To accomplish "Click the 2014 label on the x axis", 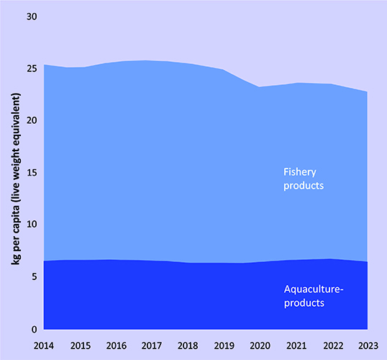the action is [44, 346].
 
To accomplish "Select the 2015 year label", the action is [81, 346].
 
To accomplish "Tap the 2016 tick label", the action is [117, 346].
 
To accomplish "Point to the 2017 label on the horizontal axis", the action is [152, 346].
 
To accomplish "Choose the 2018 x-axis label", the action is [188, 346].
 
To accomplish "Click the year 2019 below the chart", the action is [224, 346].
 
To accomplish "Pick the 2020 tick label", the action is [260, 346].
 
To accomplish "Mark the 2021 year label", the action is [296, 346].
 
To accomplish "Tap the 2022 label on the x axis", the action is [333, 346].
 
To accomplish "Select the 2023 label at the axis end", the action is [368, 346].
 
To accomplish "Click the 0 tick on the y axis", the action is [34, 329].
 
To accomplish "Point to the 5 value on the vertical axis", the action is [34, 276].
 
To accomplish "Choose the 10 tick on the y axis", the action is [32, 224].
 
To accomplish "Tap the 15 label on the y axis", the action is [32, 173].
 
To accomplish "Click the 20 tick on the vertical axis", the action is [32, 120].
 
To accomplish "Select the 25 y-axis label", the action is [32, 68].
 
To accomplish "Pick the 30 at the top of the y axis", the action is [32, 17].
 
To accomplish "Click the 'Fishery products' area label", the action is [304, 179].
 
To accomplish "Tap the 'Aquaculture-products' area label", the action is [314, 296].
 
